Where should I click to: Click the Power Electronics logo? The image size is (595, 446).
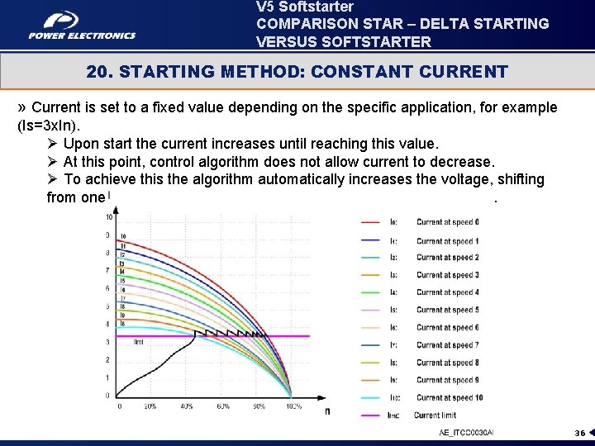coord(82,25)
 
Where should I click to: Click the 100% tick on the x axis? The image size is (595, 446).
coord(293,406)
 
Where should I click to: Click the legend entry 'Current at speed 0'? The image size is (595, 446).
coord(447,222)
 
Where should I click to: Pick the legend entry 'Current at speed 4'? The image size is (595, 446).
coord(447,292)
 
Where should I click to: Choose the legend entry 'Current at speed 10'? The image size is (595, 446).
coord(449,397)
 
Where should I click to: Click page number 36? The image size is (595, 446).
coord(580,433)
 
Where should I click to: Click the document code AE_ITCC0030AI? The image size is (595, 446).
coord(465,433)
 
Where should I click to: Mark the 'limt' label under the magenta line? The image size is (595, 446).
coord(139,342)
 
